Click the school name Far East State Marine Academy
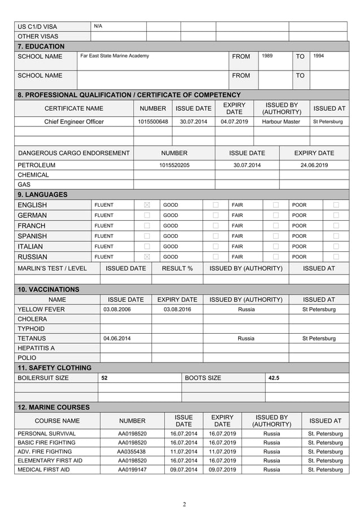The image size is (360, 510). coord(115,56)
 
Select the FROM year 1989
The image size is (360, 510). coord(267,56)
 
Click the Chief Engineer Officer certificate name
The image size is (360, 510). coord(74,121)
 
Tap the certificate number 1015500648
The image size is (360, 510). coord(153,121)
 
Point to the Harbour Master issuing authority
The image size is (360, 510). coord(276,121)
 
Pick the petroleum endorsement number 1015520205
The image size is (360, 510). coord(174,165)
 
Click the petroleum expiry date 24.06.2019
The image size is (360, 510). coord(314,165)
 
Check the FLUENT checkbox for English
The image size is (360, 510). coord(147,205)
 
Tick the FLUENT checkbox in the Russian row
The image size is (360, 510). coord(147,257)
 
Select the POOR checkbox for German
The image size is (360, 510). coord(336,215)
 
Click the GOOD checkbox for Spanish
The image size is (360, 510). coord(216,236)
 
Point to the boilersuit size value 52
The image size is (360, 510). coord(104,378)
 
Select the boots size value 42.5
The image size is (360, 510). coord(274,378)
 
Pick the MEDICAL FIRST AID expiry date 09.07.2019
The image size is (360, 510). coord(222,470)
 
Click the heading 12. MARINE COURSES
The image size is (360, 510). coord(54,407)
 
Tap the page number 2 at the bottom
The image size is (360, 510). coord(184,504)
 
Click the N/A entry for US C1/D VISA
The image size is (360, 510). coord(98,26)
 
